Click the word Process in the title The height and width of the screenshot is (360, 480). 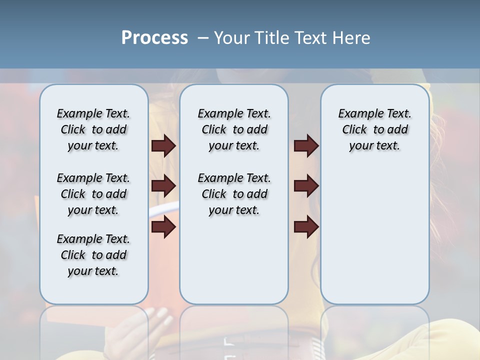click(x=154, y=38)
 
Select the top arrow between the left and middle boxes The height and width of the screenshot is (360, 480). click(x=163, y=146)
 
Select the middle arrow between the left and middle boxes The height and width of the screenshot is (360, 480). click(x=163, y=186)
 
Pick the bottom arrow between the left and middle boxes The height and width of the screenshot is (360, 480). click(x=163, y=227)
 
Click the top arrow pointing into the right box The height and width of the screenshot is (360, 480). click(x=306, y=146)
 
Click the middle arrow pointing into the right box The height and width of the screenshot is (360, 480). click(x=306, y=186)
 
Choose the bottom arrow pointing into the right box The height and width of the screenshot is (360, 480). click(x=306, y=227)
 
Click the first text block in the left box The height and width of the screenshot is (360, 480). click(x=93, y=129)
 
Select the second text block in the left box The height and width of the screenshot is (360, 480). click(x=93, y=194)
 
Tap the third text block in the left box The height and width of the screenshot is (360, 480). click(x=93, y=255)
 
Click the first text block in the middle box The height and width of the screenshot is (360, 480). click(x=234, y=129)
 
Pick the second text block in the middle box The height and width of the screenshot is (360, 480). click(x=234, y=194)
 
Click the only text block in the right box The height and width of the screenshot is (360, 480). click(x=374, y=129)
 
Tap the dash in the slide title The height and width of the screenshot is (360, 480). click(x=203, y=38)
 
